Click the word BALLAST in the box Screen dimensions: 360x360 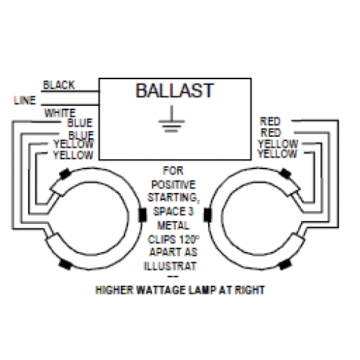coord(174,91)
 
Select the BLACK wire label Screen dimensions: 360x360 coord(59,85)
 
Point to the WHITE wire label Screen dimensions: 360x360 coord(60,113)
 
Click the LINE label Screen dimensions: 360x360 coord(24,100)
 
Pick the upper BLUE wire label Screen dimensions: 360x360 coord(80,123)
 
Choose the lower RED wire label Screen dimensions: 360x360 coord(271,132)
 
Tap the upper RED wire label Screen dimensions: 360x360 coord(270,122)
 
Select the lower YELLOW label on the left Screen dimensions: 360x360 coord(73,155)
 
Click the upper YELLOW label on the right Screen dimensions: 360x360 coord(278,144)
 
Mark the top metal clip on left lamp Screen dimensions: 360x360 coord(65,174)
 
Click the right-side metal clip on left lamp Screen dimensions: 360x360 coord(143,215)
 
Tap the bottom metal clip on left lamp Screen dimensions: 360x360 coord(65,264)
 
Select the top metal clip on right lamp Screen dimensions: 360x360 coord(286,173)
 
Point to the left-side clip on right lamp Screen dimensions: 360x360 coord(207,215)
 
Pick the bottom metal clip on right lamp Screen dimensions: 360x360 coord(285,265)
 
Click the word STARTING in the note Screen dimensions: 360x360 coord(174,198)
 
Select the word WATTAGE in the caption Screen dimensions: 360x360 coord(161,290)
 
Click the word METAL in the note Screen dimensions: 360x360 coord(174,225)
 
